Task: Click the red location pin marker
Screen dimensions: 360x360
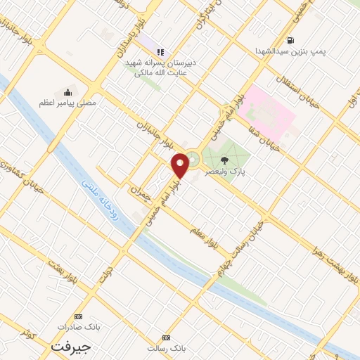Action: coord(181,165)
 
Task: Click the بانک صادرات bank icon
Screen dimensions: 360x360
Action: coord(77,317)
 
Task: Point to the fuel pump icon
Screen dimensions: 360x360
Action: coord(290,40)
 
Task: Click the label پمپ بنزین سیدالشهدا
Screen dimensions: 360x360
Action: coord(290,51)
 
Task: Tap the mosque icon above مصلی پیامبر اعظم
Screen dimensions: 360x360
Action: coord(68,91)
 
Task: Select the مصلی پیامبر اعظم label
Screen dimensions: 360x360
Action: coord(67,103)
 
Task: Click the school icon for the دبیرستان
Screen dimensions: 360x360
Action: coord(160,52)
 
